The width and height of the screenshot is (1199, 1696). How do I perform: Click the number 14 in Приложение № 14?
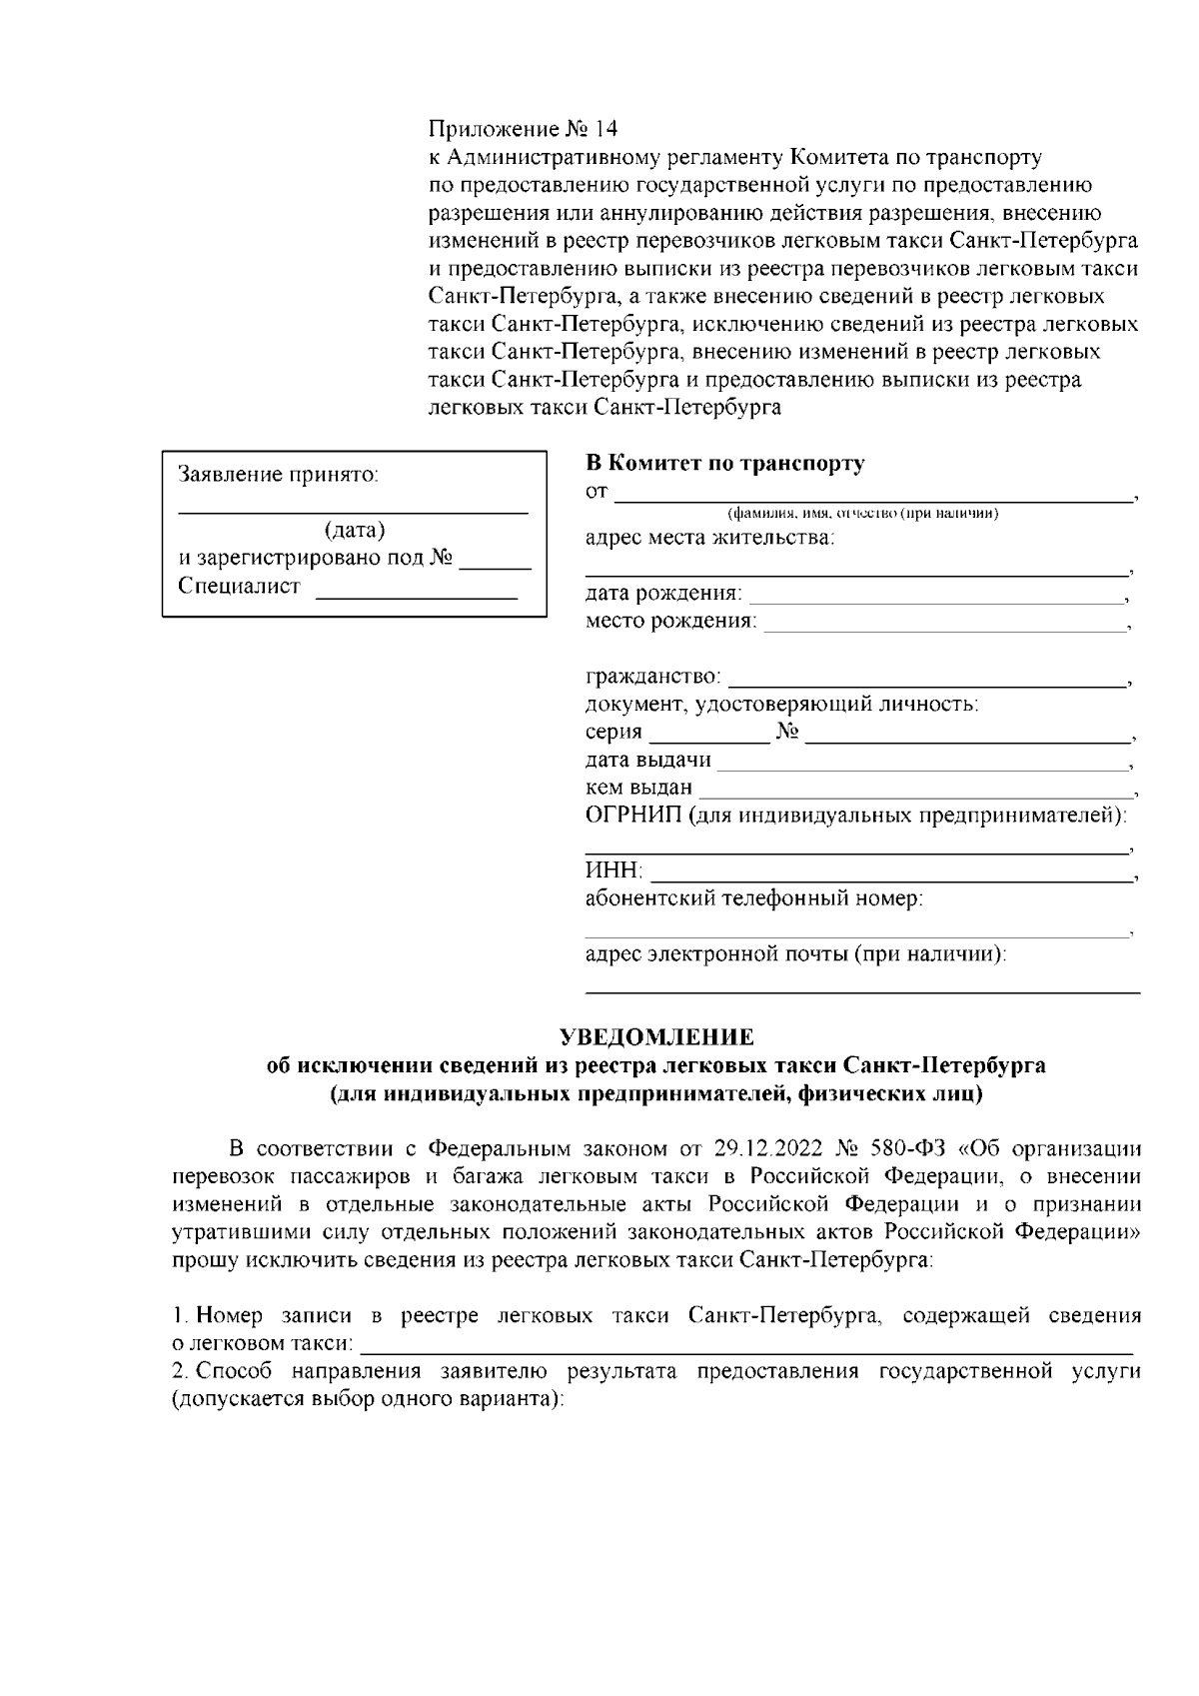coord(605,129)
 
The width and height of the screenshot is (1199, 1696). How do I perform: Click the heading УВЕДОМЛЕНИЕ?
coord(655,1036)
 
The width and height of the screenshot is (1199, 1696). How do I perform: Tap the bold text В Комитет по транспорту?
coord(724,463)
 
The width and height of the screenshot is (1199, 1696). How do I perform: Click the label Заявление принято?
coord(278,474)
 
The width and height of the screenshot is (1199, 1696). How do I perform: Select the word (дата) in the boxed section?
coord(355,530)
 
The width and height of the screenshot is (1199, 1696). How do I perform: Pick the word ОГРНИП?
coord(632,815)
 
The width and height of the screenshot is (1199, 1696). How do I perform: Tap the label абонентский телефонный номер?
coord(753,897)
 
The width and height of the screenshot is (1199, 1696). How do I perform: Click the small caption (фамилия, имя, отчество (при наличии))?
coord(862,514)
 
